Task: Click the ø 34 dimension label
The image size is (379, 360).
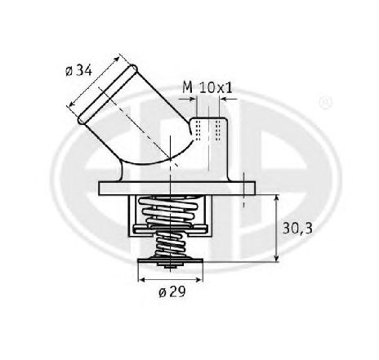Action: [78, 71]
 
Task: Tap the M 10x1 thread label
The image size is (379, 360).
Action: [207, 87]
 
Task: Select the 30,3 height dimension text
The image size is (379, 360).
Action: [297, 229]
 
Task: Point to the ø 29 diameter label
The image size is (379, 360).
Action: [172, 292]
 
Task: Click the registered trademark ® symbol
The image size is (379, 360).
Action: [326, 102]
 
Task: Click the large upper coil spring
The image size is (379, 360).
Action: [169, 211]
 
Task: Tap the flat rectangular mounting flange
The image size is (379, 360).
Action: [177, 189]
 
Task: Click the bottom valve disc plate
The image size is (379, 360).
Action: [171, 260]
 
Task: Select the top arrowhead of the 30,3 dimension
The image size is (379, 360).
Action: [277, 198]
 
